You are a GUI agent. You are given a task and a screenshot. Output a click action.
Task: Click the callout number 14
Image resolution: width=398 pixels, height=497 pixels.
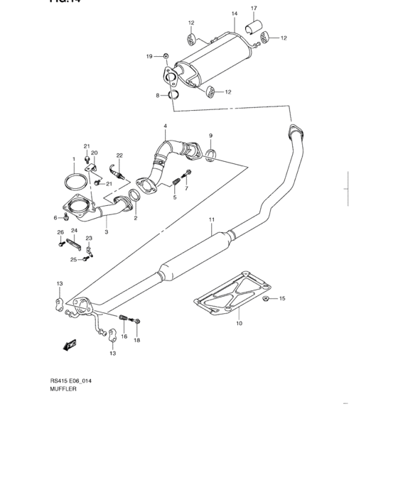[x=234, y=13]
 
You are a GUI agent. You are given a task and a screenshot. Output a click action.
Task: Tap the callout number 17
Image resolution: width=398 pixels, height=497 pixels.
[x=254, y=9]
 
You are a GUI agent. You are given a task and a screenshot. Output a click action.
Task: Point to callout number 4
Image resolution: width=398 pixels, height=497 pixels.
[x=165, y=126]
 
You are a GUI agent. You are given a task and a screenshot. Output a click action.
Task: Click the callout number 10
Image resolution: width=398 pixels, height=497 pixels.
[x=239, y=323]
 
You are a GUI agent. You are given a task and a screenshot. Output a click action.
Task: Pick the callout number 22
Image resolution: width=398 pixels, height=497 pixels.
[x=119, y=155]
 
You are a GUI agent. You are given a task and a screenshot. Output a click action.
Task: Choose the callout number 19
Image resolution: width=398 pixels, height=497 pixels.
[x=149, y=56]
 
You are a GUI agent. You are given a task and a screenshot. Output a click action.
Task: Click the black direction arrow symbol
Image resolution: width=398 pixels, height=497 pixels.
[x=69, y=346]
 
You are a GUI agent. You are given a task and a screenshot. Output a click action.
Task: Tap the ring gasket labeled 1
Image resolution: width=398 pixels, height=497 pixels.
[x=72, y=182]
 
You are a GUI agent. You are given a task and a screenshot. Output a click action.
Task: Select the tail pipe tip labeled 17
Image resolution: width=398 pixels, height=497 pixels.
[x=252, y=29]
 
